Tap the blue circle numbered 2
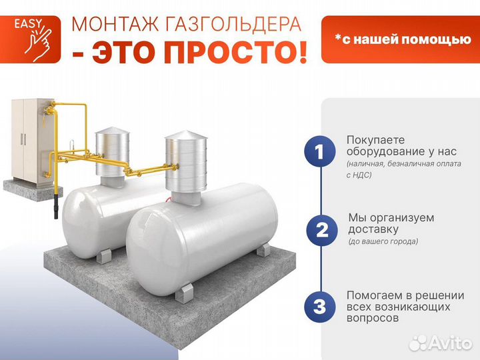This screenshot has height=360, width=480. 321,231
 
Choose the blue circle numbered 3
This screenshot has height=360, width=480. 319,307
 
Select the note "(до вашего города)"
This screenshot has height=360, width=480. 383,241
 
